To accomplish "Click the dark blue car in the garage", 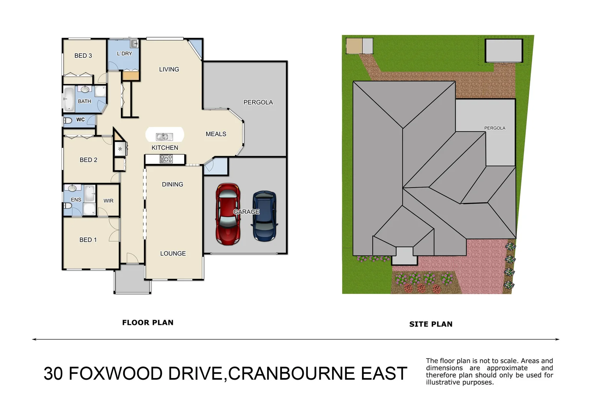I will tap(264, 216).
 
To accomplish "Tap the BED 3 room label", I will tap(83, 56).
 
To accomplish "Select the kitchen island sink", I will tap(164, 136).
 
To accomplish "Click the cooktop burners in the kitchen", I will tap(166, 159).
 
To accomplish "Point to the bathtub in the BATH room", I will tap(69, 99).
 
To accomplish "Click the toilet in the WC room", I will tap(68, 120).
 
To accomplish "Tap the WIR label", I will tap(108, 201).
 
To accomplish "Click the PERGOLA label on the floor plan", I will tap(258, 102).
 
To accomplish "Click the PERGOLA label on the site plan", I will tap(494, 128).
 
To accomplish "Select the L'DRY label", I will tap(124, 54).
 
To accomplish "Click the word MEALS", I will tap(216, 134).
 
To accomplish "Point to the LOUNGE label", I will tap(173, 254).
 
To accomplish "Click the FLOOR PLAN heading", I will tap(147, 323).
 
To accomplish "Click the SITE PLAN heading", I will tap(431, 324).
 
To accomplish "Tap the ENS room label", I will tap(76, 200).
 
